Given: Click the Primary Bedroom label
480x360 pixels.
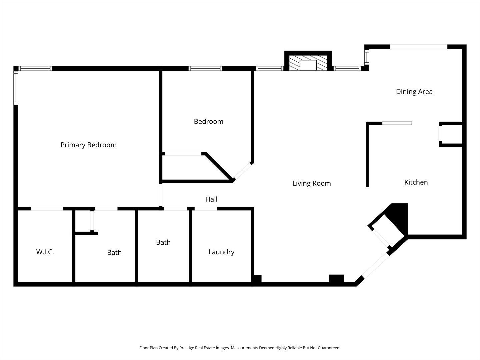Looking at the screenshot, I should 88,145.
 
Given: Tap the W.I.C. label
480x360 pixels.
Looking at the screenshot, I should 45,252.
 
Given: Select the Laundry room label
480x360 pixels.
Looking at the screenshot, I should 221,252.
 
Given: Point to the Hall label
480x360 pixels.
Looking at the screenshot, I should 211,199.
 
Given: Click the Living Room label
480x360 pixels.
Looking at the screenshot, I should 311,183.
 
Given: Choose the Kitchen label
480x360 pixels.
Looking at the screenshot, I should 416,182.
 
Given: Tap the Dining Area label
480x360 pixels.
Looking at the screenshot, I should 414,92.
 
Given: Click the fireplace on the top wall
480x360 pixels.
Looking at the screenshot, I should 308,63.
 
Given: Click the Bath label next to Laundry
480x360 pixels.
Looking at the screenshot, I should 163,242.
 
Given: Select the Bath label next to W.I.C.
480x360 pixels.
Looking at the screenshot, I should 114,253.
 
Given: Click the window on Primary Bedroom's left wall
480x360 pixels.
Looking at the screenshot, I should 16,88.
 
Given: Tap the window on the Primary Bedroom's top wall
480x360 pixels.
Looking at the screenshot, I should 35,69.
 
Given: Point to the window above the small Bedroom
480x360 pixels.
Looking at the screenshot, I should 205,69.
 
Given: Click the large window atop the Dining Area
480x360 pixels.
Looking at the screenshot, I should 418,47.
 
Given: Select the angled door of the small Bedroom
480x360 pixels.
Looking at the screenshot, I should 242,171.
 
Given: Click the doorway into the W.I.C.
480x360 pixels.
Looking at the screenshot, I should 47,209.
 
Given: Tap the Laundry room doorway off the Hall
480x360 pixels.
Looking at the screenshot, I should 205,209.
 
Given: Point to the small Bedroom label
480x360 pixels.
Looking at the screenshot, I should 208,122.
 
